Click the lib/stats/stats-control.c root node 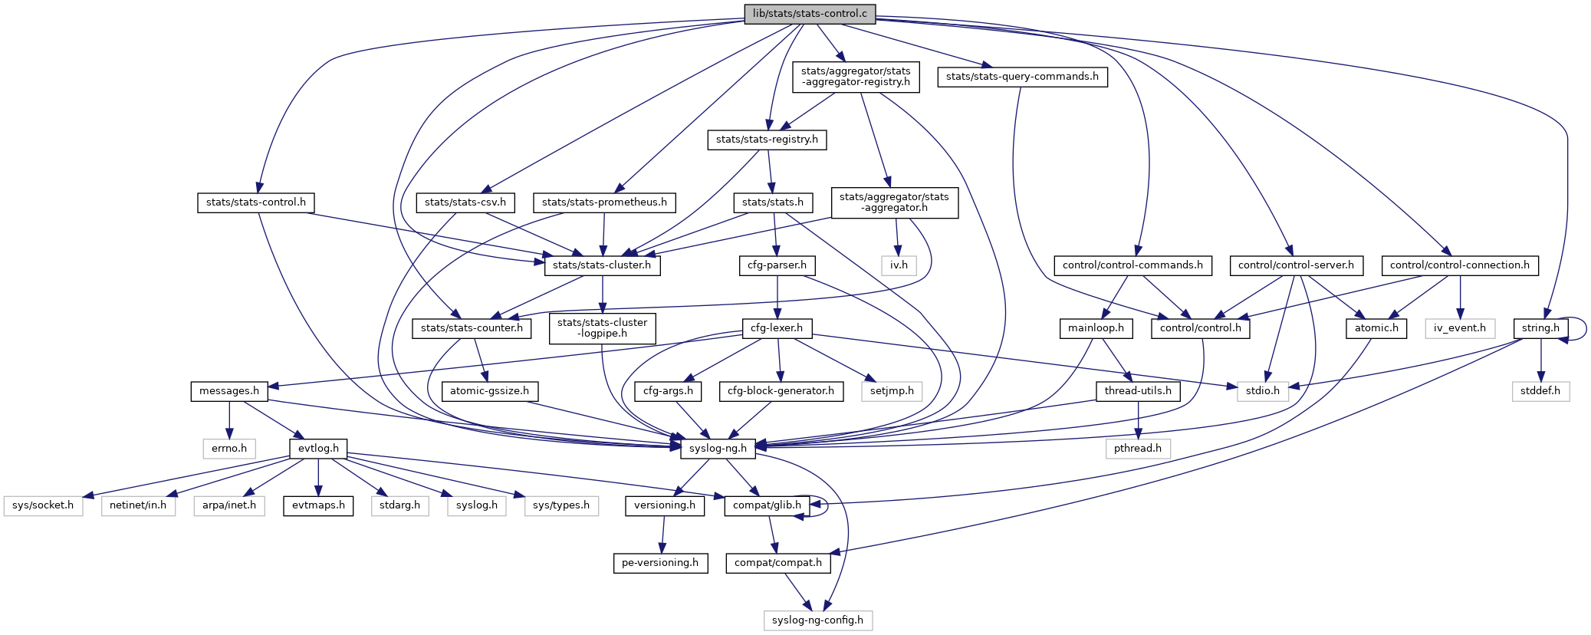pyautogui.click(x=810, y=14)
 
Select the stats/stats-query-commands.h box pyautogui.click(x=1022, y=77)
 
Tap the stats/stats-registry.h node pyautogui.click(x=767, y=140)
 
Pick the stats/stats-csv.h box pyautogui.click(x=465, y=202)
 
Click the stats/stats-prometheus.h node pyautogui.click(x=604, y=202)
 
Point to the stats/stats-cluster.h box pyautogui.click(x=602, y=265)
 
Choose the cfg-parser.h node pyautogui.click(x=777, y=265)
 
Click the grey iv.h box pyautogui.click(x=899, y=265)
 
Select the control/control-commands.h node pyautogui.click(x=1132, y=265)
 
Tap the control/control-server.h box pyautogui.click(x=1296, y=265)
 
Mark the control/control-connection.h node pyautogui.click(x=1459, y=265)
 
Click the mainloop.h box pyautogui.click(x=1096, y=328)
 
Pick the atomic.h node pyautogui.click(x=1376, y=328)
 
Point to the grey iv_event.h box pyautogui.click(x=1460, y=328)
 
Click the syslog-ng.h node pyautogui.click(x=718, y=449)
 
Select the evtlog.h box pyautogui.click(x=318, y=449)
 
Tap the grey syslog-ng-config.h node pyautogui.click(x=817, y=620)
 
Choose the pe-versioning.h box pyautogui.click(x=660, y=563)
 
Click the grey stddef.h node pyautogui.click(x=1540, y=391)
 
